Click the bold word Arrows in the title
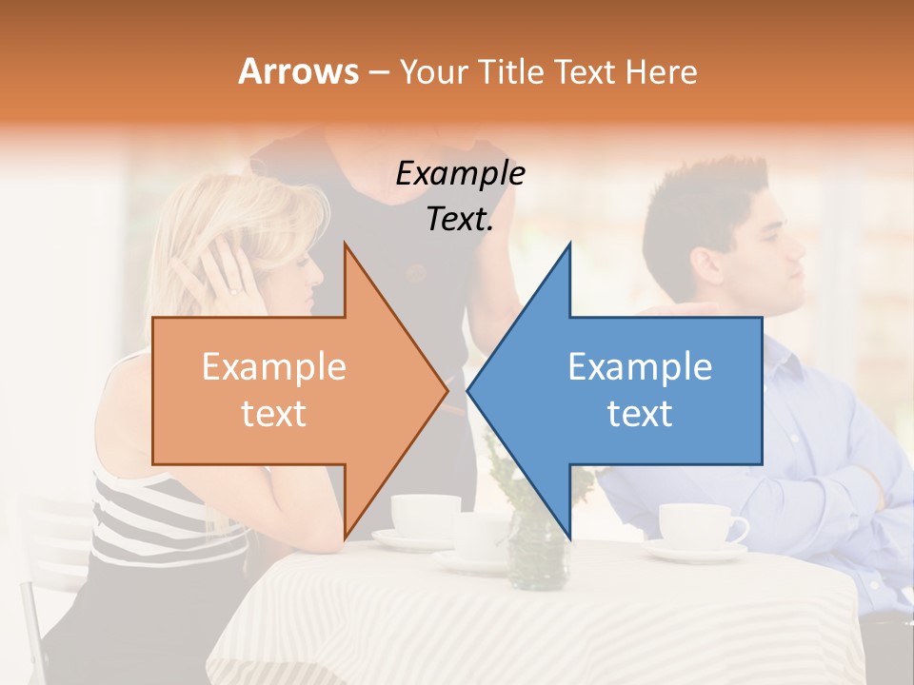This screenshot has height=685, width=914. tap(298, 71)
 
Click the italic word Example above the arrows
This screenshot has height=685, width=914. tap(460, 174)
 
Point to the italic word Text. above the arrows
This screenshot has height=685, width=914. tap(460, 220)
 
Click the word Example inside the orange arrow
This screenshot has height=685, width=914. tap(273, 366)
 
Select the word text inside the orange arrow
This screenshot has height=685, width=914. tap(273, 413)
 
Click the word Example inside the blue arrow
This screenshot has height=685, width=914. tap(640, 366)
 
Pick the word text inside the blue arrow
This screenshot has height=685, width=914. tap(640, 413)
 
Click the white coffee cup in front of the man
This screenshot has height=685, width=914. tap(700, 525)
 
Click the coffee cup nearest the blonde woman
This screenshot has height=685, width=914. tap(424, 515)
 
